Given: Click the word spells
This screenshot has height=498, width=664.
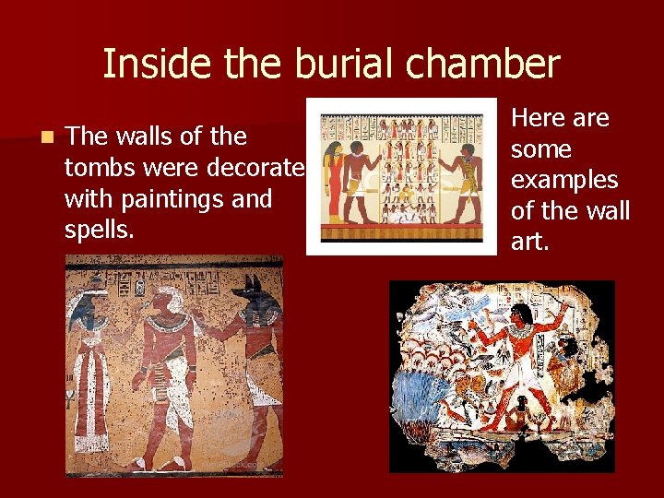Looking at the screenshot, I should point(100,230).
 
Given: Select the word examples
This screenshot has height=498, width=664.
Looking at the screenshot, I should point(564,180).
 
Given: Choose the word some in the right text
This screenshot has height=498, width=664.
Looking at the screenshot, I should point(541,149).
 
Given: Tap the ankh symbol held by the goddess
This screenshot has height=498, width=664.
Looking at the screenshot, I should point(70,397).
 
